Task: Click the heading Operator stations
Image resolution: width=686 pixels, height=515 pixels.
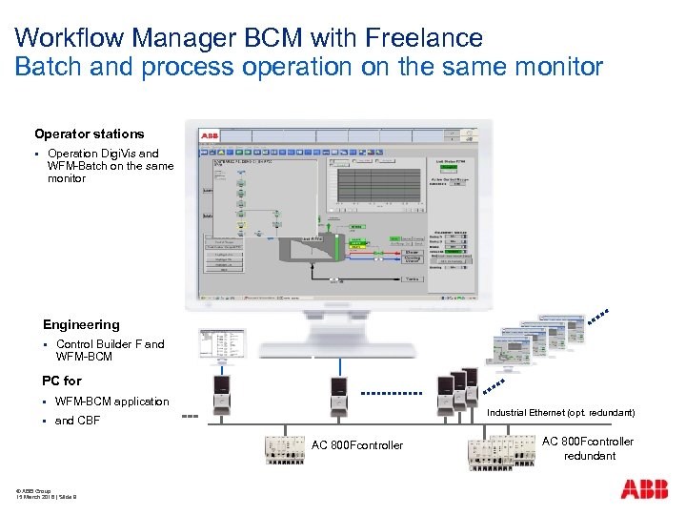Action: (90, 134)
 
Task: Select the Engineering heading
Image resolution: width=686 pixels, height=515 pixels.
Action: (81, 325)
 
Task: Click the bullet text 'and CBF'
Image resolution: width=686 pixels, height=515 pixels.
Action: (77, 421)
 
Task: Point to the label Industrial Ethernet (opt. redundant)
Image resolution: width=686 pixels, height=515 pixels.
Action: (560, 413)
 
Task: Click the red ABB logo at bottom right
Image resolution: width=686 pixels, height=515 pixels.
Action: (644, 490)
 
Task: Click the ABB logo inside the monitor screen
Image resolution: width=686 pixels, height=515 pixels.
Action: (209, 136)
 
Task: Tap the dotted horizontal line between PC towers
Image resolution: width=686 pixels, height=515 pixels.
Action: (393, 393)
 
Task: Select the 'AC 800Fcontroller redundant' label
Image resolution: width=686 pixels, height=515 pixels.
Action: (588, 448)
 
